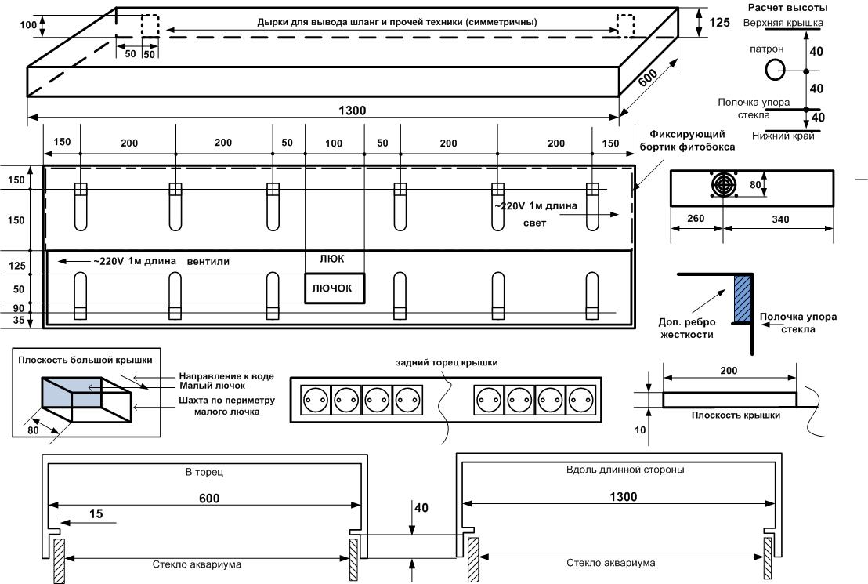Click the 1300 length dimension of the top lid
click(353, 111)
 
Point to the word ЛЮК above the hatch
click(331, 259)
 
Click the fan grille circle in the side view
click(722, 186)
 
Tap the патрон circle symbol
click(773, 71)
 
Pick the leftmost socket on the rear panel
click(314, 400)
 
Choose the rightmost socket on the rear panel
click(580, 400)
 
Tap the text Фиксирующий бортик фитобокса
click(682, 141)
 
